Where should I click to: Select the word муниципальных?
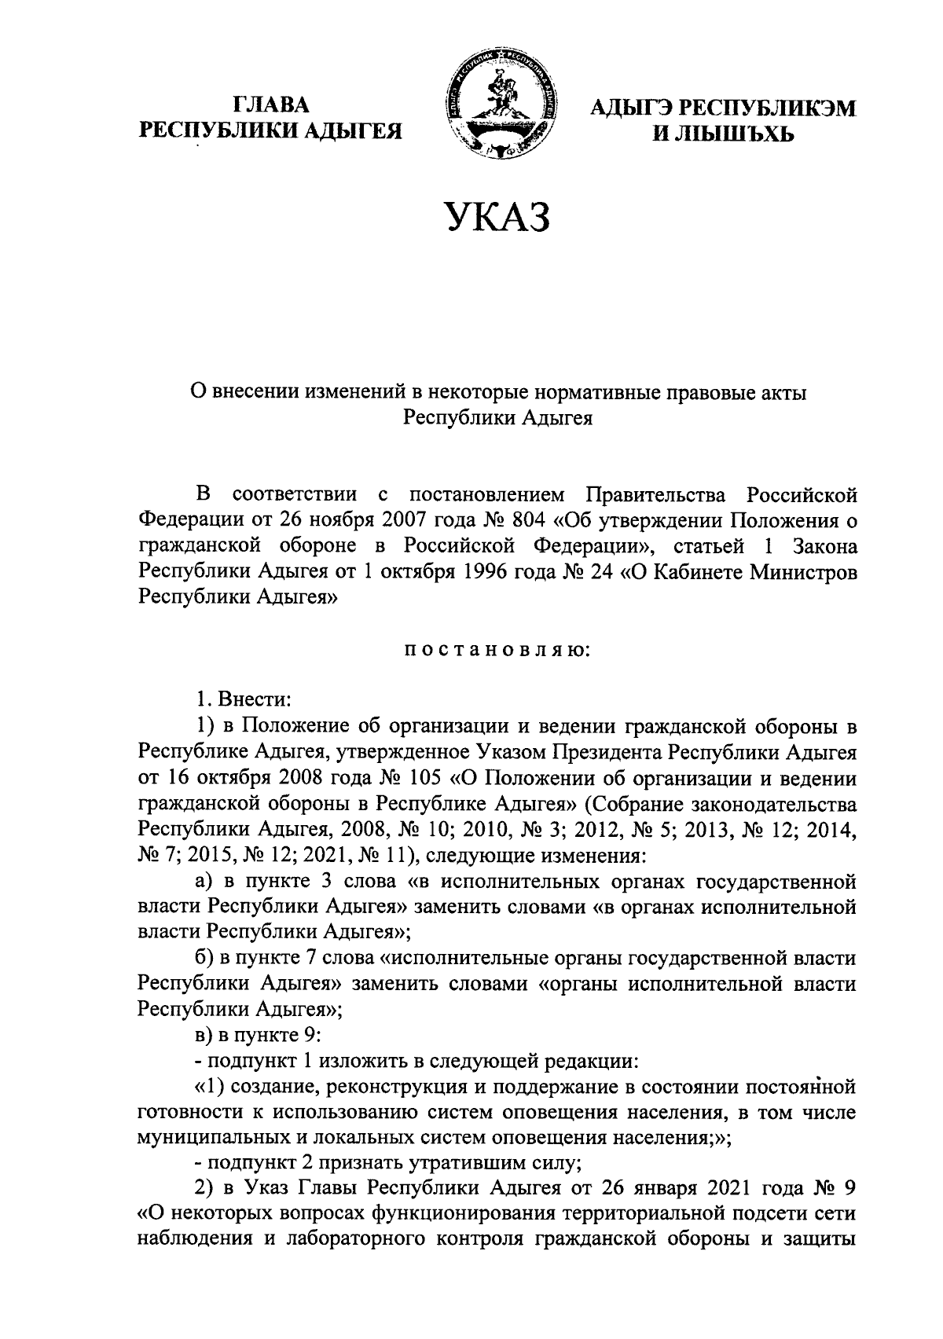pos(215,1137)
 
